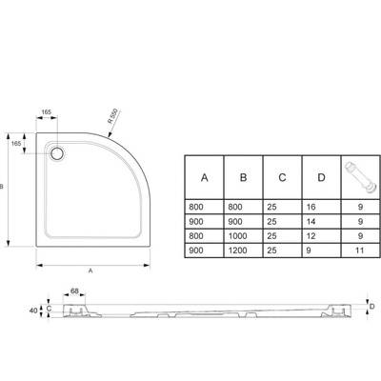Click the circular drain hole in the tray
pos(57,153)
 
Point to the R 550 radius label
pos(112,116)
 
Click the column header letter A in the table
pos(205,177)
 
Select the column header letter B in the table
pos(243,177)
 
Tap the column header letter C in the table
pos(282,177)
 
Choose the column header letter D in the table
pos(321,177)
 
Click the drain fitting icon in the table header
pos(361,177)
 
